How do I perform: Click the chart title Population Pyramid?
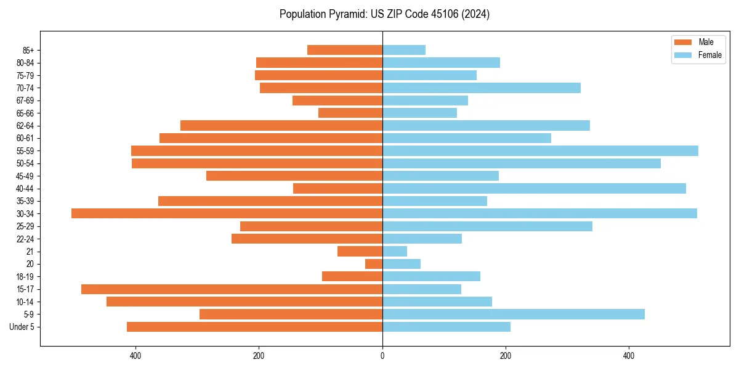[x=384, y=14]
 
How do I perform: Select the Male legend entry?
[x=706, y=42]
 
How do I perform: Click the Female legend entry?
[x=709, y=55]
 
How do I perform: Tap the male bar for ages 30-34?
[x=227, y=213]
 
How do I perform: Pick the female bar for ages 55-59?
[x=540, y=150]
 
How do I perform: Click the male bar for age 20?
[x=374, y=264]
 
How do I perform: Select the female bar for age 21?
[x=395, y=251]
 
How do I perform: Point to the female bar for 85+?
[x=404, y=50]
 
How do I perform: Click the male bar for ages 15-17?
[x=232, y=289]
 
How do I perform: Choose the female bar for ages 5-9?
[x=514, y=314]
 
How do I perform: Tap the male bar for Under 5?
[x=254, y=327]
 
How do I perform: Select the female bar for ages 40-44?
[x=534, y=188]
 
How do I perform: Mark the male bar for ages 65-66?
[x=350, y=113]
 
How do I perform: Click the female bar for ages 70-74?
[x=482, y=88]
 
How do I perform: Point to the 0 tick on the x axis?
[x=382, y=356]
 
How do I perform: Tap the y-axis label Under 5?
[x=22, y=327]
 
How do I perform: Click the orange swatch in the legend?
[x=683, y=42]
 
